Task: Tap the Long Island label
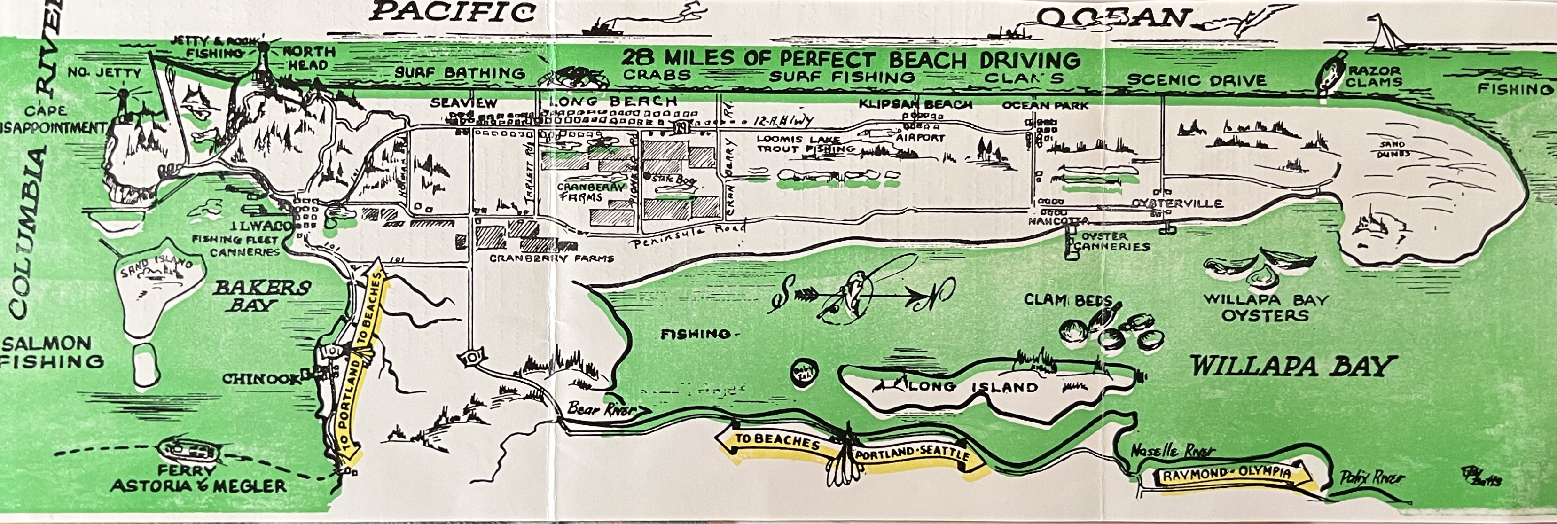973,387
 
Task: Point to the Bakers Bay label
262,296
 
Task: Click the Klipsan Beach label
915,104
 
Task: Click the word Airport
920,138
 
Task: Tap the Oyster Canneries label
1112,242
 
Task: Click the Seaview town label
463,103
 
